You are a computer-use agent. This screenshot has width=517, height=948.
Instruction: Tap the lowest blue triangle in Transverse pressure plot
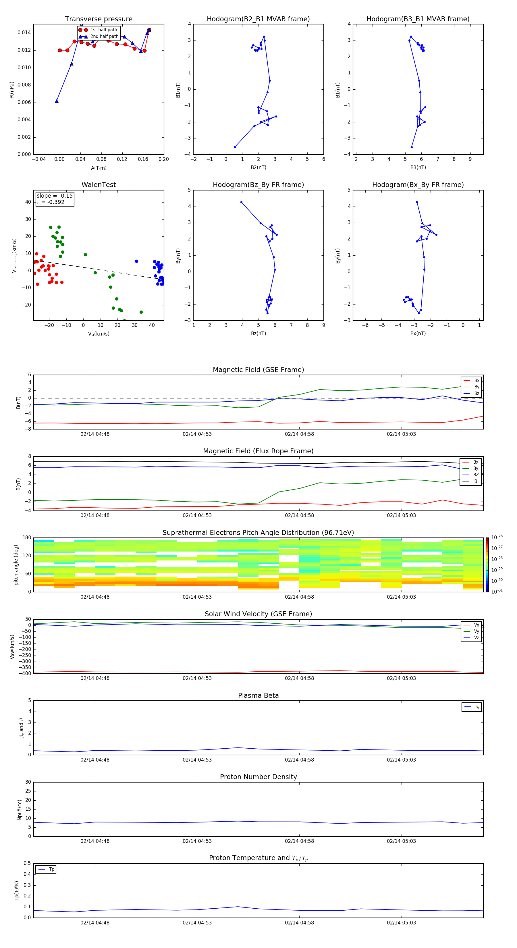57,101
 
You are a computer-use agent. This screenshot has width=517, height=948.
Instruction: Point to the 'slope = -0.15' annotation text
55,196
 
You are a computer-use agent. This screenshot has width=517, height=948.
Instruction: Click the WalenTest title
99,185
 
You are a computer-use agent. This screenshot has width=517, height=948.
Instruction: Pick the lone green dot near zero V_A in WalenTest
85,255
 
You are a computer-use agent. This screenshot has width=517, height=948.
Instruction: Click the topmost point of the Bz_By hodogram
241,202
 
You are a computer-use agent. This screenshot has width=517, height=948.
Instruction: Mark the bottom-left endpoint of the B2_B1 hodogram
235,147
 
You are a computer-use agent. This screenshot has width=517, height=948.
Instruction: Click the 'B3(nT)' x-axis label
418,167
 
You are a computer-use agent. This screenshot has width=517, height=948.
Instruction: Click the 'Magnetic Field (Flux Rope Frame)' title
258,451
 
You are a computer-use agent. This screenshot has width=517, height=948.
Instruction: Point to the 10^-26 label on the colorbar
497,537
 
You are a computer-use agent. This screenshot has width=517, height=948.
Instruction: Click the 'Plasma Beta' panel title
258,695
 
